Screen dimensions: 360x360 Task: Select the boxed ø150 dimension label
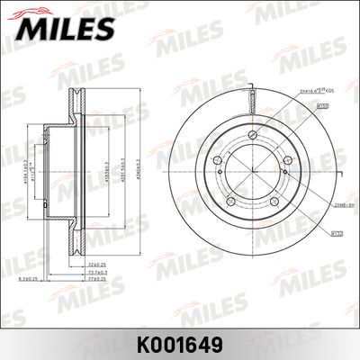[321, 106]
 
